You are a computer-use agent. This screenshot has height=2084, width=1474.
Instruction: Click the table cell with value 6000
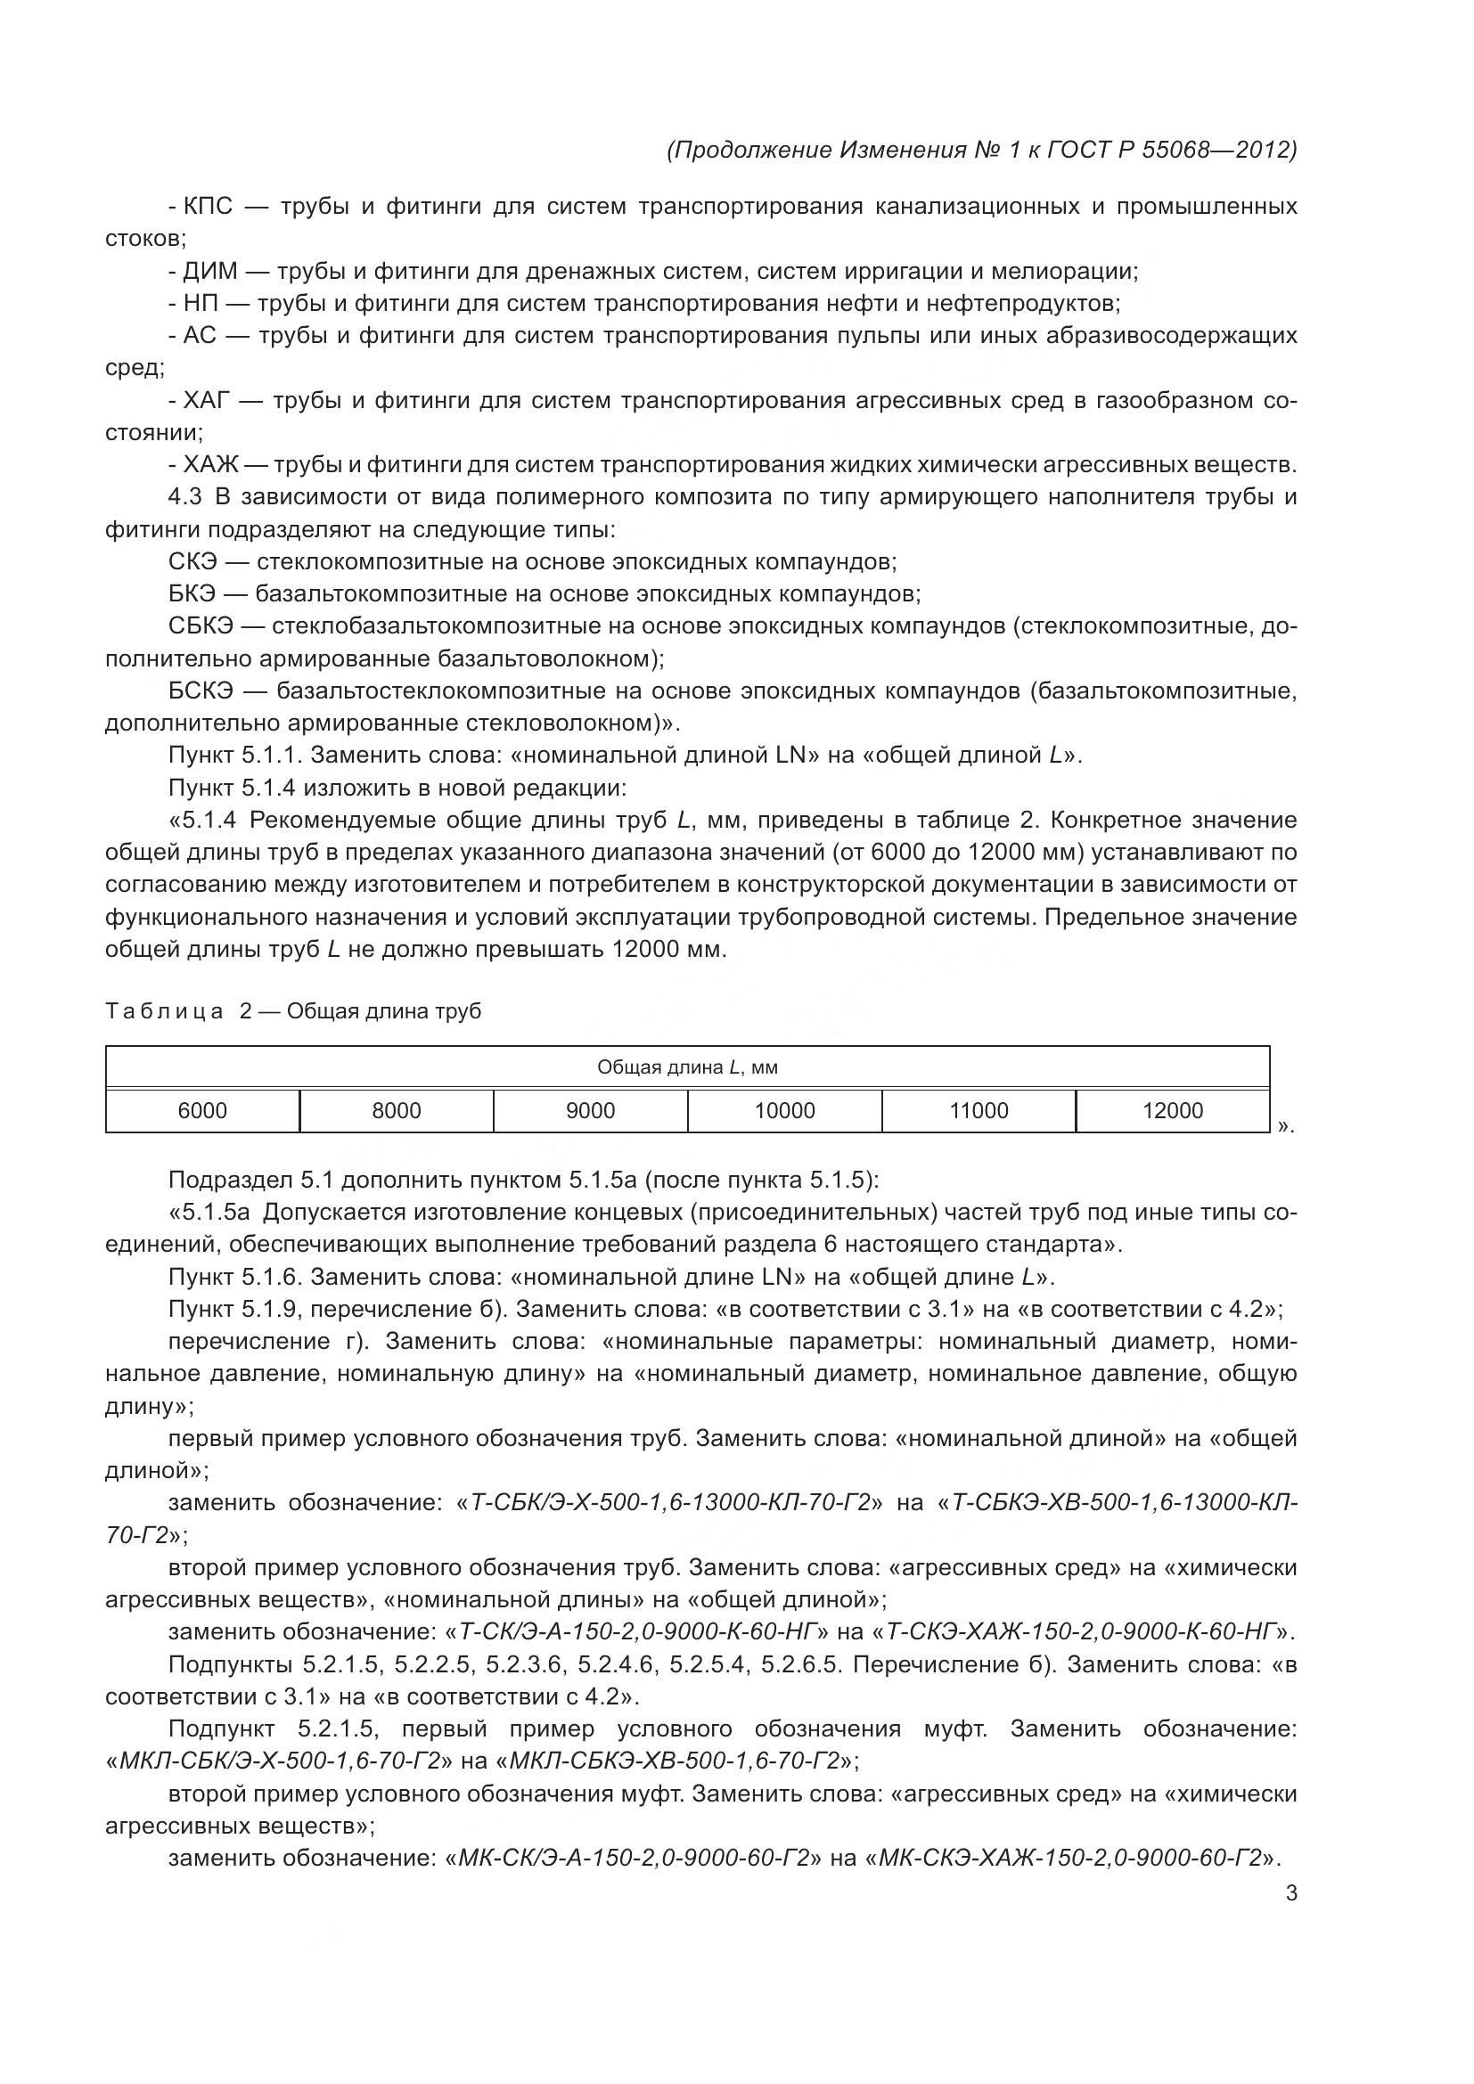pos(202,1111)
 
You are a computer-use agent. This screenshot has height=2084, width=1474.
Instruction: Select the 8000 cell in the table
pos(397,1111)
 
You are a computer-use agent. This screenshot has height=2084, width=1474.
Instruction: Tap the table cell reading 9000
pos(591,1111)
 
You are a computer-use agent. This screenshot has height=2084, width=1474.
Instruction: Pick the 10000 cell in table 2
pos(785,1111)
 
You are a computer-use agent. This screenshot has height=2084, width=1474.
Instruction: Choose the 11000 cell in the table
pos(979,1111)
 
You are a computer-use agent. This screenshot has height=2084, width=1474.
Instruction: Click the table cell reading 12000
pos(1173,1111)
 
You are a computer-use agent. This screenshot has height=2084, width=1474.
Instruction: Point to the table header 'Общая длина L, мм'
pos(687,1067)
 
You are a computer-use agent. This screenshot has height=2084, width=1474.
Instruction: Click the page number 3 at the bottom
pos(1291,1893)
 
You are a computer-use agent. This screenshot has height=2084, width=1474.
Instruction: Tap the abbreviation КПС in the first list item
pos(208,207)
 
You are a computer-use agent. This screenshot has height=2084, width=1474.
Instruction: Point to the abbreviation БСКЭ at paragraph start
pos(201,691)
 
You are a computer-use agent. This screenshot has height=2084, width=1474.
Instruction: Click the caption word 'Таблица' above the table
pos(164,1012)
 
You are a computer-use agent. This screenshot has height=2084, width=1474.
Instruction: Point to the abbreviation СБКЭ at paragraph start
pos(201,626)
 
